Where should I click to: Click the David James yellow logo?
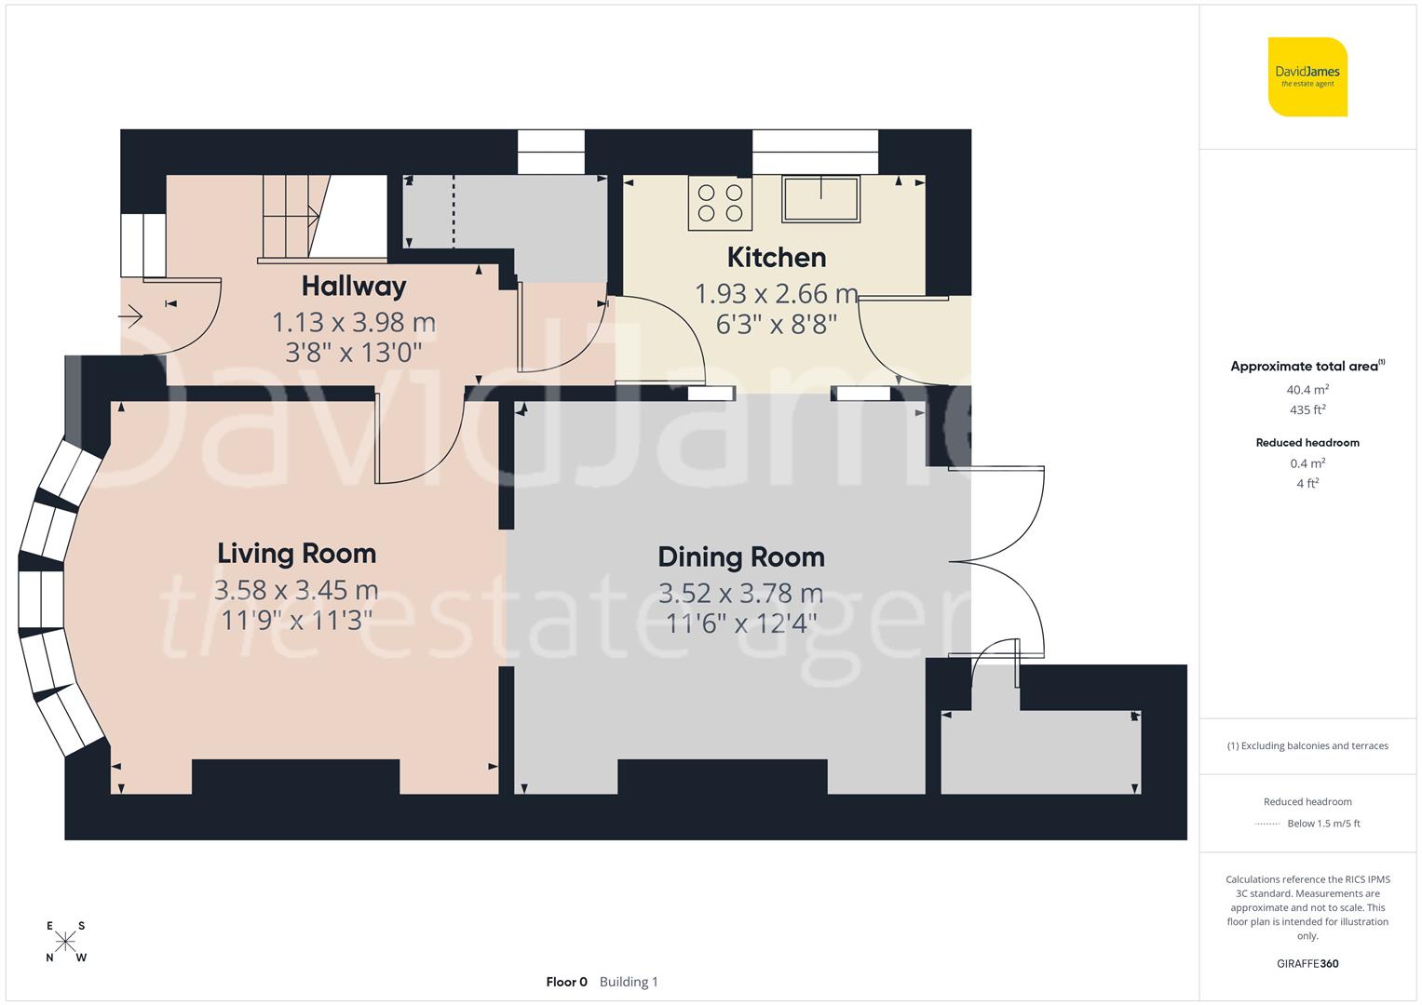click(1307, 76)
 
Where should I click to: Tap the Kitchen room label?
click(776, 257)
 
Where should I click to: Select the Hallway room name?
click(354, 286)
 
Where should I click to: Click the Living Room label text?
click(296, 554)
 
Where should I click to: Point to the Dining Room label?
click(741, 557)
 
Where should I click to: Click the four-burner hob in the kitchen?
click(720, 204)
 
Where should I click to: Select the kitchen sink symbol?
click(820, 198)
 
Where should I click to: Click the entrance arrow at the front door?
click(130, 318)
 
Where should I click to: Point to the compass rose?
click(65, 941)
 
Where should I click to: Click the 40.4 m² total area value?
click(1307, 390)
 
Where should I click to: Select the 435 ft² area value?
click(1307, 410)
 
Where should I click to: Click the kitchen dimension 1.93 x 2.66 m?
click(776, 294)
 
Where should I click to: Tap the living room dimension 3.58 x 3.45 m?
click(296, 590)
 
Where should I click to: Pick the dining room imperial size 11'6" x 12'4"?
click(741, 623)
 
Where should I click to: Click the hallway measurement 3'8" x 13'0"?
click(354, 353)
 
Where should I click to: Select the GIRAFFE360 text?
click(1307, 963)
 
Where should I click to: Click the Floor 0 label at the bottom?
click(566, 982)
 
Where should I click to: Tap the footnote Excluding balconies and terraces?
click(1307, 745)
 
